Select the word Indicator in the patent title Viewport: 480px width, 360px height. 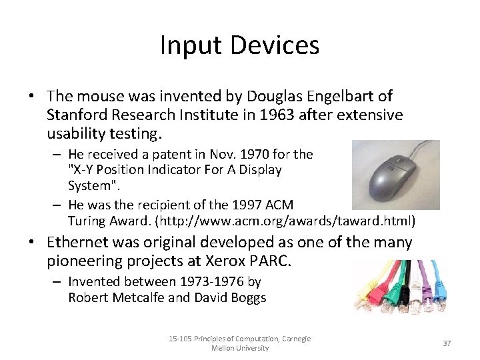pos(177,170)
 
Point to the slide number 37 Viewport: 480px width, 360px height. pos(447,343)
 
